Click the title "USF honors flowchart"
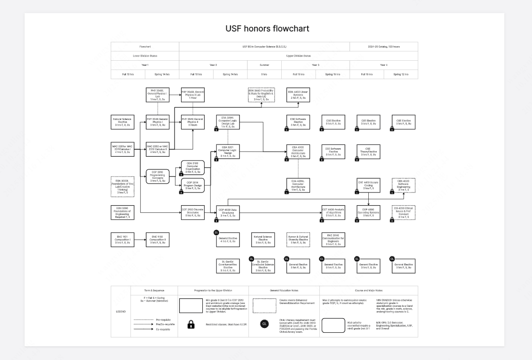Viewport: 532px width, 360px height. pos(267,29)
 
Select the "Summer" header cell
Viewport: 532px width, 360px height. pos(264,65)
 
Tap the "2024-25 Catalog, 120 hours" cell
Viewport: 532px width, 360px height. pos(383,47)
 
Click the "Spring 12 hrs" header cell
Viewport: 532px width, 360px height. pos(401,74)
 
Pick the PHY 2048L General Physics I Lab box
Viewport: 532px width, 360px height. pos(158,95)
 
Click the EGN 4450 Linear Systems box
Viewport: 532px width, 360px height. pos(298,95)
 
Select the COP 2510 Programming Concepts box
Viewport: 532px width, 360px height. pos(158,176)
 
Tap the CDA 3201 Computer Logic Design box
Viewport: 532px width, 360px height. pos(228,151)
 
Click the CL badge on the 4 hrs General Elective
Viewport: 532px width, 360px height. pos(216,232)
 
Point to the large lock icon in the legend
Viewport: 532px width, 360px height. pos(191,325)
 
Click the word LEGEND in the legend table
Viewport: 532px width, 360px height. pos(120,311)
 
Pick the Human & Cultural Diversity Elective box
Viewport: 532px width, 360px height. pos(298,240)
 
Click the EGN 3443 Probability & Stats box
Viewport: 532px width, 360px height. pos(263,95)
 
